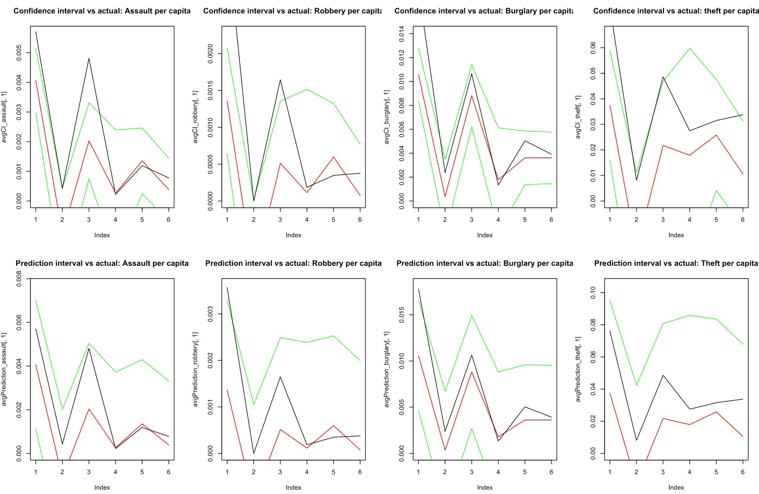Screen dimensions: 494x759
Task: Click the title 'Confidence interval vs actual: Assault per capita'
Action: (102, 11)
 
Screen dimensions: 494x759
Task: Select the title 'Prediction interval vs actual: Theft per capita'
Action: (676, 263)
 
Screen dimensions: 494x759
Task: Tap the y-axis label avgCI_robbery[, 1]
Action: (195, 117)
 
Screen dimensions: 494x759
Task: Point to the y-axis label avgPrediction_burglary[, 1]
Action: (386, 369)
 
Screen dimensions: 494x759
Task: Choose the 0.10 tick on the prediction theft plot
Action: (593, 293)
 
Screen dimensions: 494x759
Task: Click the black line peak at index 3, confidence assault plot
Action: (89, 59)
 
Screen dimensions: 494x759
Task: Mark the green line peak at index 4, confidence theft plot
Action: (690, 48)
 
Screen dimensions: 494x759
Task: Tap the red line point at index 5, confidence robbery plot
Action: (333, 157)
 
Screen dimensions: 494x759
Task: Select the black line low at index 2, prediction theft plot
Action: (637, 440)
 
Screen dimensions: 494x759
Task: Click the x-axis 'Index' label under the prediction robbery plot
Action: (293, 487)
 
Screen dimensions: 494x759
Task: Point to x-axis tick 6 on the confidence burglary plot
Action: (551, 220)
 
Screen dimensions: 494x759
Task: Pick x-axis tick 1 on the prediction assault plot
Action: (35, 472)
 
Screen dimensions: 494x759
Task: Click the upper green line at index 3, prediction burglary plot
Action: (472, 315)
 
